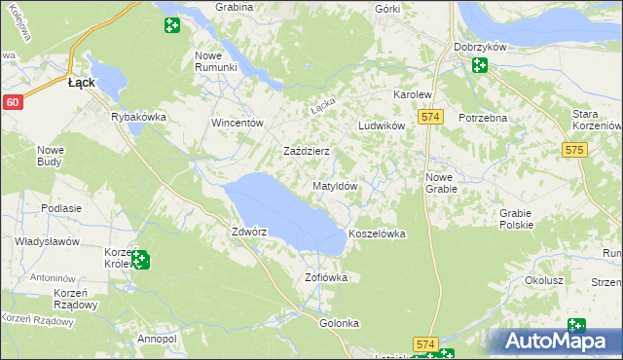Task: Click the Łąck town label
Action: coord(81,84)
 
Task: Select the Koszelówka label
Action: coord(376,234)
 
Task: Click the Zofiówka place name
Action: coord(326,277)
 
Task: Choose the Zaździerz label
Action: coord(306,152)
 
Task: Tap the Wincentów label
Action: coord(238,124)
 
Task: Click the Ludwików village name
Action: coord(381,126)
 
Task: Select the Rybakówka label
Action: coord(139,117)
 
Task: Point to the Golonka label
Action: coord(340,323)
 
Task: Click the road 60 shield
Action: coord(12,102)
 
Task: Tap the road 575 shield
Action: coord(574,150)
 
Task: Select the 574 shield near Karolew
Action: coord(432,117)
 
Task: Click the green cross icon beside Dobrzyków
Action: coord(479,65)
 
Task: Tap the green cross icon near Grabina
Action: coord(171,25)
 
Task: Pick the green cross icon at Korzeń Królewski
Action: coord(140,260)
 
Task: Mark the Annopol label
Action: coord(157,339)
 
